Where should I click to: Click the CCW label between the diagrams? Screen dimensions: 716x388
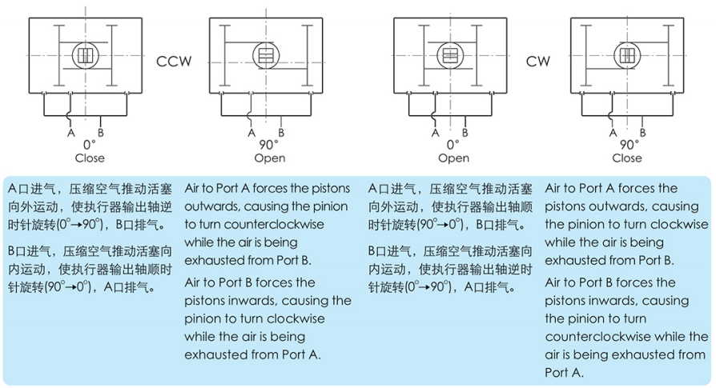click(x=174, y=61)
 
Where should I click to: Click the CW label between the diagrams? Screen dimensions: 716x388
click(x=538, y=61)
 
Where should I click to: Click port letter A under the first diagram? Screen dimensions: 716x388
click(x=70, y=133)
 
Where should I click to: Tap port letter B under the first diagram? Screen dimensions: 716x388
click(x=100, y=133)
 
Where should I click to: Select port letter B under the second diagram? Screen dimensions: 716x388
click(x=281, y=133)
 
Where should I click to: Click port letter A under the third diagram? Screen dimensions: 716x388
click(x=435, y=133)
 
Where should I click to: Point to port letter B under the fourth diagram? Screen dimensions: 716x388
click(x=642, y=133)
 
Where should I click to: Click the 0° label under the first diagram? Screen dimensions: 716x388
click(x=90, y=145)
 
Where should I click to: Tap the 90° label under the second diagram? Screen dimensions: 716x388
click(x=268, y=145)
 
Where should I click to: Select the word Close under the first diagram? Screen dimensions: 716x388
click(x=90, y=158)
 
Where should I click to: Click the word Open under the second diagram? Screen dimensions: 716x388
click(x=270, y=158)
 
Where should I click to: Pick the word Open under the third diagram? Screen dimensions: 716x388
click(x=453, y=158)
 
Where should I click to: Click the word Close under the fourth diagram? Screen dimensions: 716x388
click(x=627, y=158)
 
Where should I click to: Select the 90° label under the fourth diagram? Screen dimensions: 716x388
click(x=630, y=145)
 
